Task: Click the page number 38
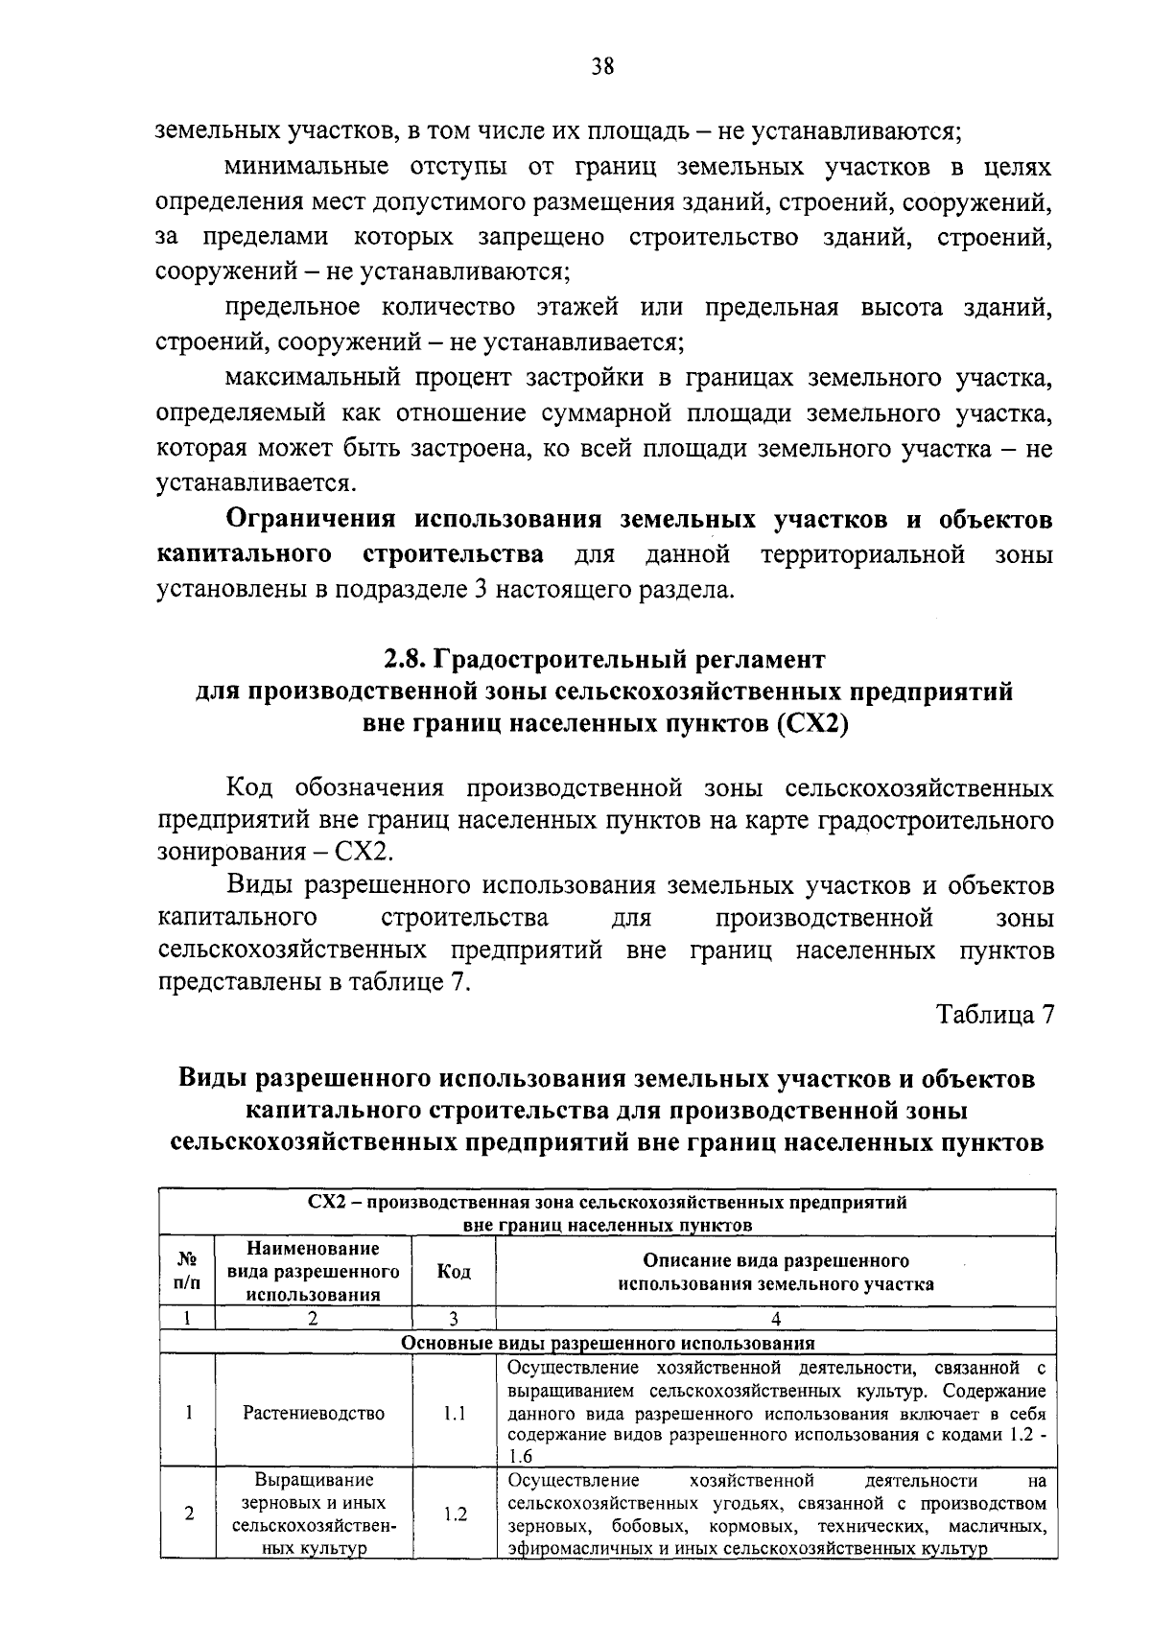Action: click(602, 66)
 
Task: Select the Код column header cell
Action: click(454, 1272)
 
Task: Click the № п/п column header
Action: click(188, 1272)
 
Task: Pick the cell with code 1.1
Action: click(454, 1413)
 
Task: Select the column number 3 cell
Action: click(454, 1319)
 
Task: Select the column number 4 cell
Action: click(775, 1319)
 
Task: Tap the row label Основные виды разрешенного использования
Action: click(606, 1343)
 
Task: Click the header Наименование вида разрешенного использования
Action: click(313, 1272)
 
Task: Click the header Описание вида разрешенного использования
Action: click(775, 1272)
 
